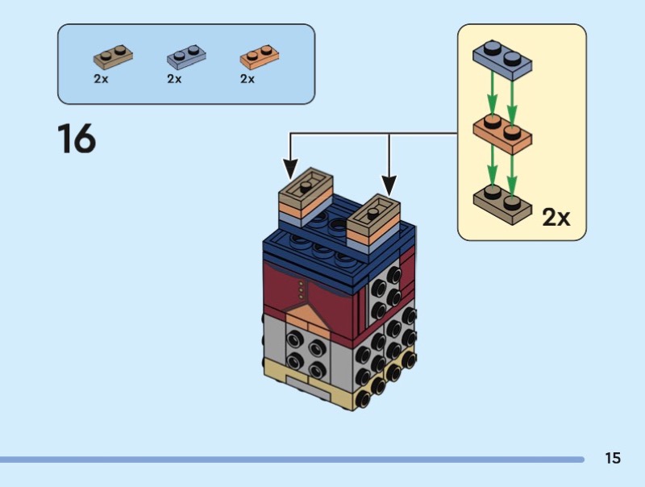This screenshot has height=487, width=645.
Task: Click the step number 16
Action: point(77,139)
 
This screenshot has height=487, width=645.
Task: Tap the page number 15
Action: point(613,458)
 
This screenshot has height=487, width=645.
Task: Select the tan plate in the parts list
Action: point(113,56)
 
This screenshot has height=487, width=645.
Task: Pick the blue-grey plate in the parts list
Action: point(186,57)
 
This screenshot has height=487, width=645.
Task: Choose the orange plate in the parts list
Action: point(259,57)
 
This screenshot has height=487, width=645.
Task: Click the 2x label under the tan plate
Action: point(101,79)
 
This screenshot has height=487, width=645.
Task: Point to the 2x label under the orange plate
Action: point(248,79)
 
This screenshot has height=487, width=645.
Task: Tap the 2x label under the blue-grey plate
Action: point(174,79)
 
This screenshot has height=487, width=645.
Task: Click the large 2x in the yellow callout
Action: point(556,217)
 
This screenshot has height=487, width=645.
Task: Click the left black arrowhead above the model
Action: point(290,169)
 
